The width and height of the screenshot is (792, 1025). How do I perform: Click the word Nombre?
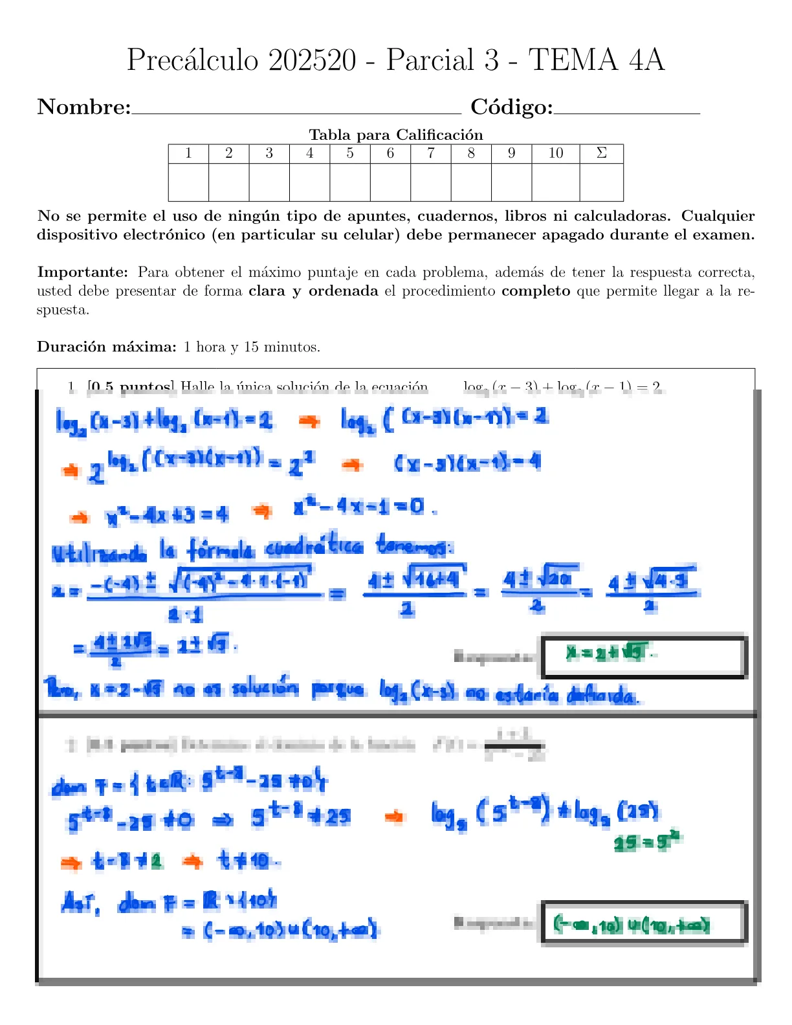coord(83,107)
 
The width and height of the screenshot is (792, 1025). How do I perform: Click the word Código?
coord(511,107)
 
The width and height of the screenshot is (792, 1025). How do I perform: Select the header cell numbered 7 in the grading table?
coord(431,153)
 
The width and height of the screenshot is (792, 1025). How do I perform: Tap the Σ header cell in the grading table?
coord(601,153)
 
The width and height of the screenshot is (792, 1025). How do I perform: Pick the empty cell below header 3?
coord(269,182)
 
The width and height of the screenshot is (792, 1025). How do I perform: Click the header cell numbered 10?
coord(556,153)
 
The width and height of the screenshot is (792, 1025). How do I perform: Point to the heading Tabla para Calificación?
coord(396,135)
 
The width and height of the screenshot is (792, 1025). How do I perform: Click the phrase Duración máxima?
coord(107,347)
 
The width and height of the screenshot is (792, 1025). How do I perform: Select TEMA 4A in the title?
coord(597,60)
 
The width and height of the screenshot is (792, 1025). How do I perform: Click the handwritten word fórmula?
coord(221,551)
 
